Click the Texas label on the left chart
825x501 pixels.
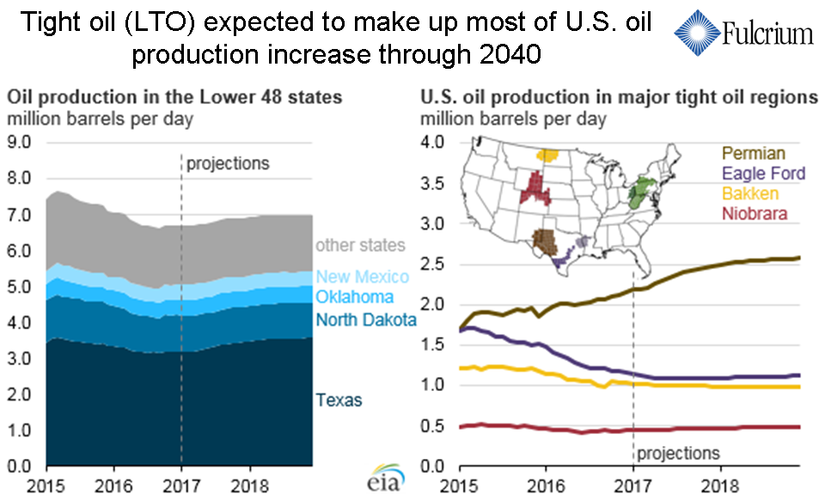339,400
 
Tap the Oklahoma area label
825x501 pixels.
354,297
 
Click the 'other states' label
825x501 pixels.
360,246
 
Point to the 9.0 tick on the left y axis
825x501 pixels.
19,142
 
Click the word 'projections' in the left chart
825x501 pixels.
228,163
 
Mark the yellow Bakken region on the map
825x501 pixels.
547,156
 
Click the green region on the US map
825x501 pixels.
639,191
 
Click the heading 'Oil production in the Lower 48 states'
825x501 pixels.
174,97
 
